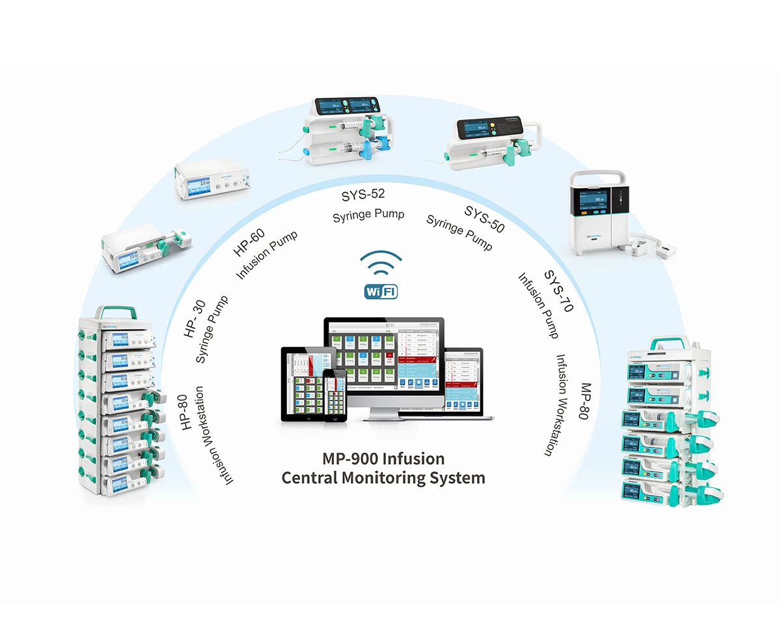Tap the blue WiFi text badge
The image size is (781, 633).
pyautogui.click(x=381, y=291)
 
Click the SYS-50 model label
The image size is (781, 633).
pyautogui.click(x=484, y=219)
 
